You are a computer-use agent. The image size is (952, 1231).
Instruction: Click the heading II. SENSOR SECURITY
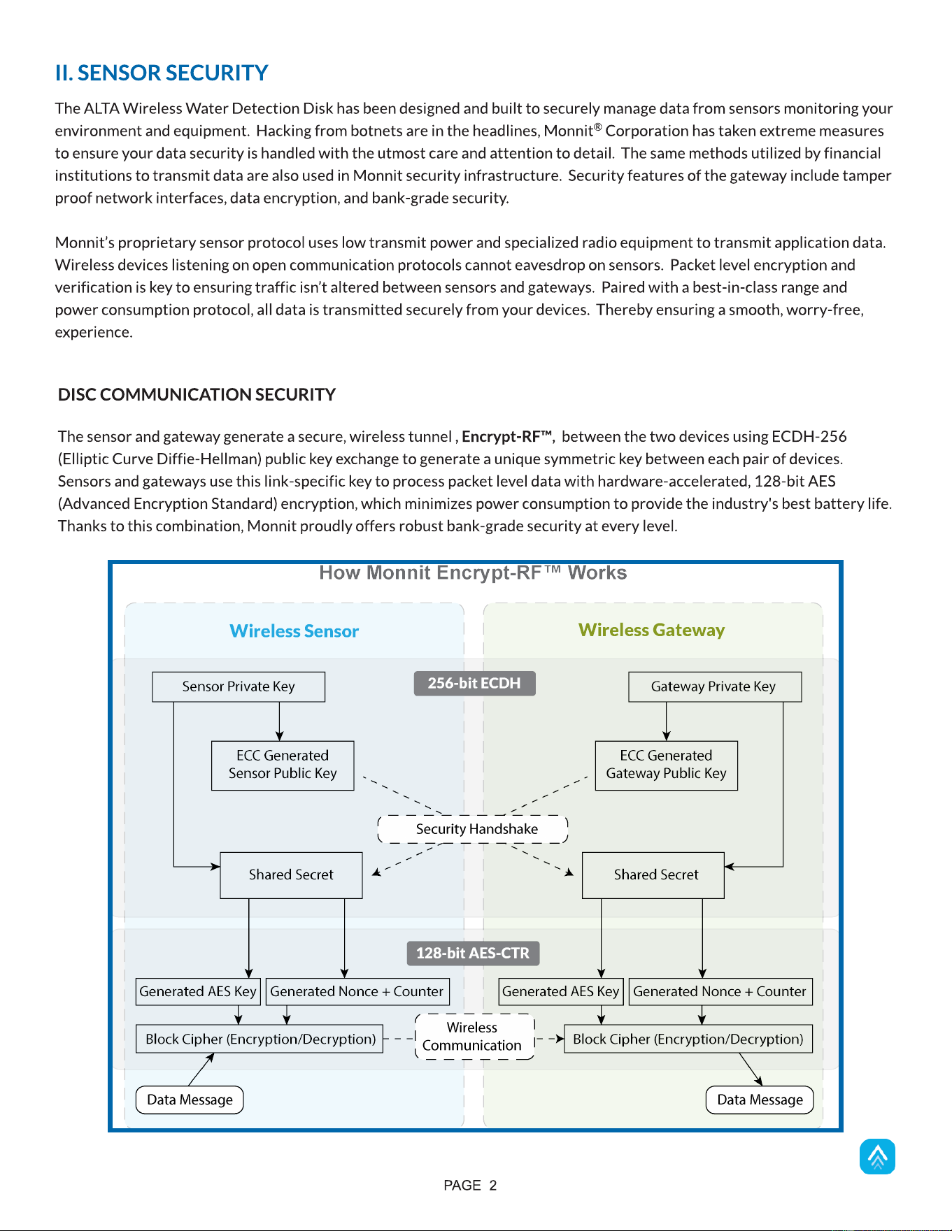162,73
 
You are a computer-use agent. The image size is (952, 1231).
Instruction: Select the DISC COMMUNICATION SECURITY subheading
197,394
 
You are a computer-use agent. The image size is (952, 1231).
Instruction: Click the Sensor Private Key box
239,686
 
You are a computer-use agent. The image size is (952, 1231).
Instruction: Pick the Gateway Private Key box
715,686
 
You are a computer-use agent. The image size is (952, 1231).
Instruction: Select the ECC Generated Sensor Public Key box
283,765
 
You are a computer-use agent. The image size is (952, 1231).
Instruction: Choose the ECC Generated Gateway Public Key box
666,765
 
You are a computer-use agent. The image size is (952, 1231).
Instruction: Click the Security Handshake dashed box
473,829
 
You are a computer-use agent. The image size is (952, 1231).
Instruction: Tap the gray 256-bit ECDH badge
474,683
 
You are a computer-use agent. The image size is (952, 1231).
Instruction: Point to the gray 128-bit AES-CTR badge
473,953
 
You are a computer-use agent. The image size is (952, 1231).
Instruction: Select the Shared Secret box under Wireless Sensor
291,874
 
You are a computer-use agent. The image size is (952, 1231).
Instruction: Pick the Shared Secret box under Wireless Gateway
653,874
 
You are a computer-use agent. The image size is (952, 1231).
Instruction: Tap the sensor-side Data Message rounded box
190,1100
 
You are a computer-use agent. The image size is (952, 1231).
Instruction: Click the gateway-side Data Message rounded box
760,1100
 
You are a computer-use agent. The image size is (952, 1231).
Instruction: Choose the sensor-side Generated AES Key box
198,991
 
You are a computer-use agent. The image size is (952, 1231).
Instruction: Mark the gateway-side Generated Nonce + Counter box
720,991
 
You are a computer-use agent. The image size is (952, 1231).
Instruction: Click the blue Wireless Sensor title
294,631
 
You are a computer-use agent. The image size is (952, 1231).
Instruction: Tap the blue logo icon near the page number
877,1157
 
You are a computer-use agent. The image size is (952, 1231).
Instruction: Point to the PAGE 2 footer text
470,1186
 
